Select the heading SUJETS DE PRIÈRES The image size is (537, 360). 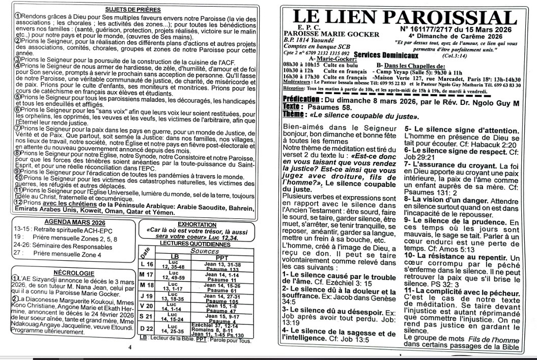[x=133, y=9]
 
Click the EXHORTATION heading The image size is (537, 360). [x=196, y=224]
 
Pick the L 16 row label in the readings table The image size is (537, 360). [x=147, y=264]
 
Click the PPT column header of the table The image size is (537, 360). [x=222, y=257]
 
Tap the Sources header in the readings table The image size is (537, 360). [x=197, y=251]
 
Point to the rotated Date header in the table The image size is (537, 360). [x=144, y=253]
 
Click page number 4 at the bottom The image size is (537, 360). [x=130, y=347]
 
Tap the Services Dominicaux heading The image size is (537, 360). [x=386, y=55]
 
